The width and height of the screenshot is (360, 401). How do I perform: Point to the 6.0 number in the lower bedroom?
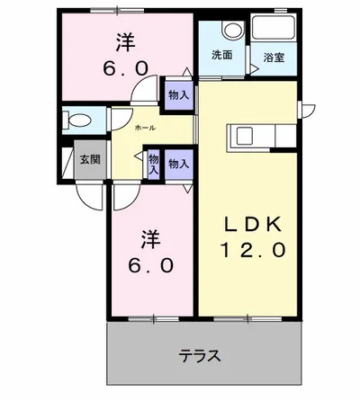point(151,268)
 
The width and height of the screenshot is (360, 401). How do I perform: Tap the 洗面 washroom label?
point(221,55)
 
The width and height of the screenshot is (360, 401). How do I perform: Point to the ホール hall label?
point(143,129)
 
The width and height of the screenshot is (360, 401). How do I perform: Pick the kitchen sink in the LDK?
point(246,136)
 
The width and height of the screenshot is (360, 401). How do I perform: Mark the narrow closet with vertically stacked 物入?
point(154,163)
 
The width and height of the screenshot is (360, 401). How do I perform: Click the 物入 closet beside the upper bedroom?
point(178,94)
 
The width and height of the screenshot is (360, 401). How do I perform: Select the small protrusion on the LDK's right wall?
point(308,110)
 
